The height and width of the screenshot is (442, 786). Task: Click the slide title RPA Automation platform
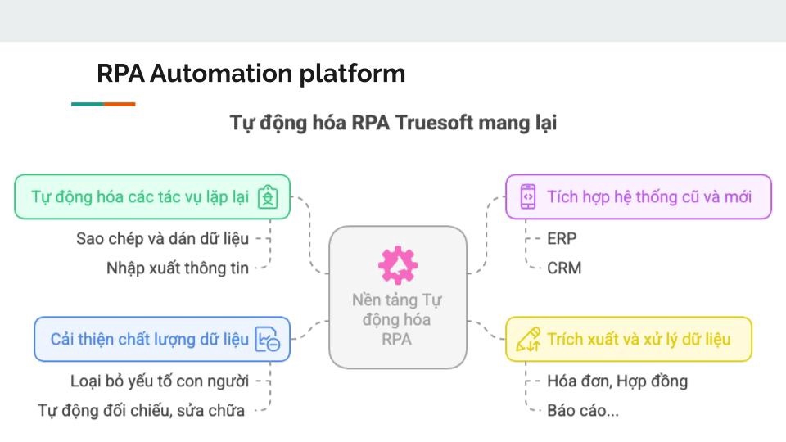[x=251, y=74]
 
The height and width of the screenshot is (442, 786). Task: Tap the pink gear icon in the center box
[x=398, y=265]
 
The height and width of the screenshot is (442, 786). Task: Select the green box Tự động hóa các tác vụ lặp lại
[x=152, y=197]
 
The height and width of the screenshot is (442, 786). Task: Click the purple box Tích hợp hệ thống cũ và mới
[x=639, y=197]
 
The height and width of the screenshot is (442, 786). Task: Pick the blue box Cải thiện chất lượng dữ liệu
[x=161, y=340]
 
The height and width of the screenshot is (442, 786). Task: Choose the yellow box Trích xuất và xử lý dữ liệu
[x=628, y=340]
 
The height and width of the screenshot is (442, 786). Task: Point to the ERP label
[x=562, y=239]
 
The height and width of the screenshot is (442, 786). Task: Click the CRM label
[x=565, y=268]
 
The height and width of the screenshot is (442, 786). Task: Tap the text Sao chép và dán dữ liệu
[x=162, y=239]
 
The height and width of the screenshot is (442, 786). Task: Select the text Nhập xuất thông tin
[x=177, y=268]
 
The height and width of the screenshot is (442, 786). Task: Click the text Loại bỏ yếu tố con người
[x=160, y=381]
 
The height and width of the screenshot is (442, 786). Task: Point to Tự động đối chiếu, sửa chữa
[x=141, y=410]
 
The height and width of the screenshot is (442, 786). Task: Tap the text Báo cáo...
[x=582, y=410]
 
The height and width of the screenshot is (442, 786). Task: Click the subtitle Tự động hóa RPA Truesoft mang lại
[x=393, y=124]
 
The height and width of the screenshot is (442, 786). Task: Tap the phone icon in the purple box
[x=529, y=197]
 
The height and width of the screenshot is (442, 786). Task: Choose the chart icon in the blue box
[x=268, y=340]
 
